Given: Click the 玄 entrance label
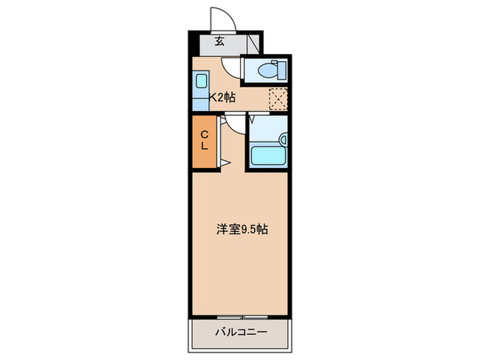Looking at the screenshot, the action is [x=219, y=41].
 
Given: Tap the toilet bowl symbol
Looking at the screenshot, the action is [x=268, y=71].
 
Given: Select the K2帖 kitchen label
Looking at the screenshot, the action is [x=222, y=97].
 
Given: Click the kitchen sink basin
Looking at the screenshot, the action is [x=202, y=81].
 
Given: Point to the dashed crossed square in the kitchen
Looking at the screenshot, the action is [x=278, y=99].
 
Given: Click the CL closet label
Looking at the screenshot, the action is [x=204, y=140].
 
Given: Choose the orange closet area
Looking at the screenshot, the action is [x=204, y=141].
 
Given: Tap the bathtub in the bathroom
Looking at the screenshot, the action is [x=268, y=156].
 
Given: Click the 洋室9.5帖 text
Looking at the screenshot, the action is [x=242, y=229].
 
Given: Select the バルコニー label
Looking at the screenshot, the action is [x=241, y=332].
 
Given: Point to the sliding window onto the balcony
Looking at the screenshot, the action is [x=243, y=317].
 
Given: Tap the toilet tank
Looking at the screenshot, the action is [x=282, y=71].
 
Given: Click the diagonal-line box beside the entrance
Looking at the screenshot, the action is [x=254, y=44].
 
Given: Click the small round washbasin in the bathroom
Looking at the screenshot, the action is [x=284, y=140].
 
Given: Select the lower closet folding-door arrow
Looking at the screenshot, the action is [x=225, y=163].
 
